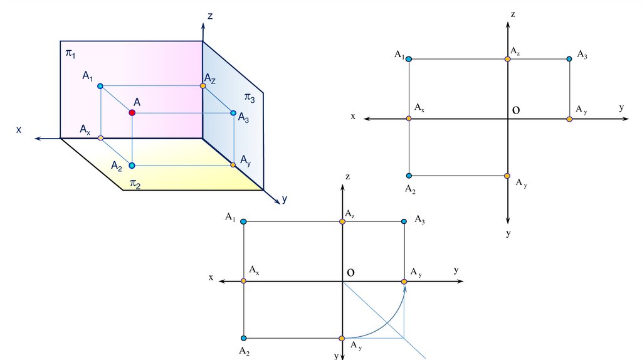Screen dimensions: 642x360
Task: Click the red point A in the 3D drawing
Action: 132,112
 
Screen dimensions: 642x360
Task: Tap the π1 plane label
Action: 70,54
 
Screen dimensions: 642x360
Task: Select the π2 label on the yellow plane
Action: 135,183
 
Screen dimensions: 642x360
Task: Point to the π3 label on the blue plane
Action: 250,98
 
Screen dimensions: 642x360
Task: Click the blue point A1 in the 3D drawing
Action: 100,85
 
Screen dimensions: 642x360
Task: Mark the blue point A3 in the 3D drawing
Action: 233,114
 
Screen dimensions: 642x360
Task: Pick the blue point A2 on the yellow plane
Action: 132,166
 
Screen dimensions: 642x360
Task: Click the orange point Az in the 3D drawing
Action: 203,85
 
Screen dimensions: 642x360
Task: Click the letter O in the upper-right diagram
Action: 516,110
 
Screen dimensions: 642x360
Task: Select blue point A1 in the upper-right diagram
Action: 409,59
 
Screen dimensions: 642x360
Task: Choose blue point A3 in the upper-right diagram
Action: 569,59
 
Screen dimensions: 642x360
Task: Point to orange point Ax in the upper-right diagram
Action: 409,119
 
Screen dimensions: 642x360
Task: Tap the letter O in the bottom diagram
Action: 350,273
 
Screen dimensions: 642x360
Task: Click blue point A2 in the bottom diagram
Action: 243,339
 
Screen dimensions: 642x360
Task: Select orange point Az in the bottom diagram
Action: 342,221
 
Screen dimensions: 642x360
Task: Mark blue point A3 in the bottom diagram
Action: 404,221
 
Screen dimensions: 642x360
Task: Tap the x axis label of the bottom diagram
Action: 211,277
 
